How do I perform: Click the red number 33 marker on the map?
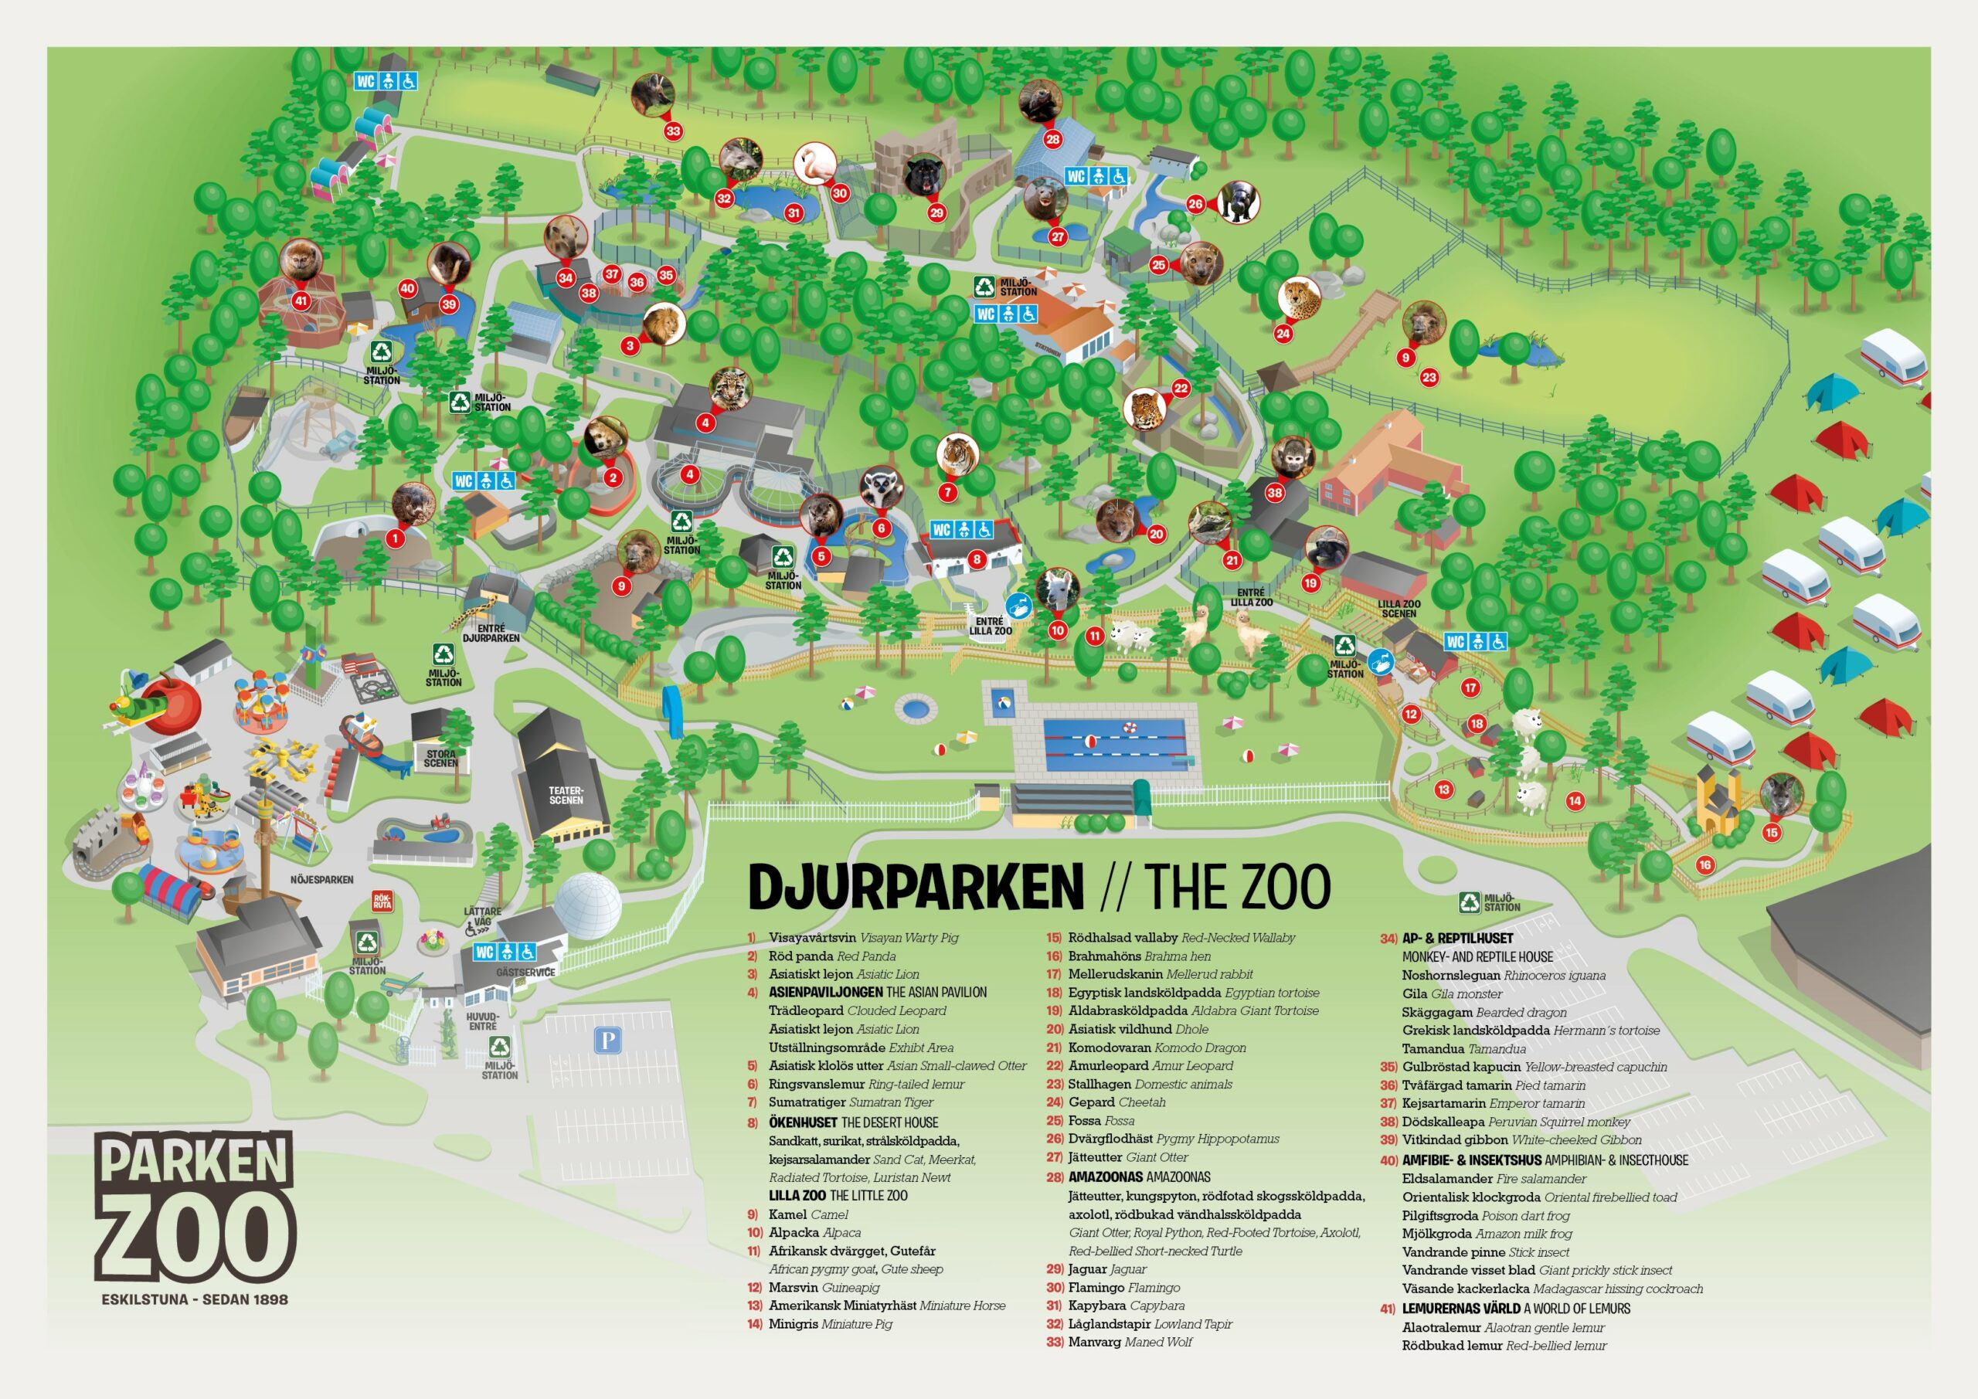[x=673, y=131]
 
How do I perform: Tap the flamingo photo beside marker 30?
[x=814, y=164]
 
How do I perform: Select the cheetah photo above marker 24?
[x=1299, y=298]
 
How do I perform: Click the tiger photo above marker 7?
[x=957, y=456]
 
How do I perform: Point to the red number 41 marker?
[x=301, y=301]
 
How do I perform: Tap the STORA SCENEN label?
[x=440, y=758]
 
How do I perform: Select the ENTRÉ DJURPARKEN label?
[x=491, y=633]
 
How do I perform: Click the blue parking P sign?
[x=607, y=1040]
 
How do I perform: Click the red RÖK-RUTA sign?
[x=382, y=901]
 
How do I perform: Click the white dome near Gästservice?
[x=586, y=906]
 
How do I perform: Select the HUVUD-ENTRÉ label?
[x=481, y=1020]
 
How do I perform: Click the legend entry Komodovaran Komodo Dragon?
[x=1156, y=1048]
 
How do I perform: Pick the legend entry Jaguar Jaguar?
[x=1106, y=1269]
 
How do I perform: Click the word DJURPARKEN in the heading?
[x=915, y=886]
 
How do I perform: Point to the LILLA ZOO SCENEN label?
[x=1399, y=608]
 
